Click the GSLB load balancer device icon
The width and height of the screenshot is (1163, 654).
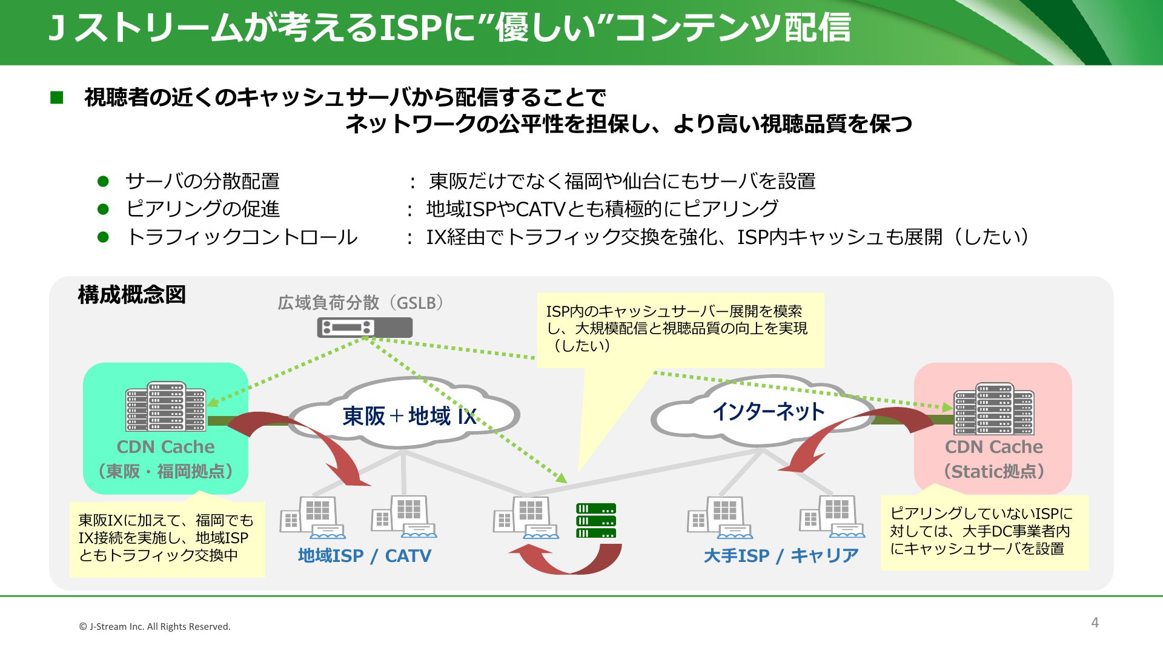pos(365,328)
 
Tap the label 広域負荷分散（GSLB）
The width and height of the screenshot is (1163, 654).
pos(361,302)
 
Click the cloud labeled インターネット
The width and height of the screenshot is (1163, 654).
pos(767,412)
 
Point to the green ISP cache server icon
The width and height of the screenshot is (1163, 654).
pos(596,521)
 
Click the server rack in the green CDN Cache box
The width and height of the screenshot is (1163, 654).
pos(165,406)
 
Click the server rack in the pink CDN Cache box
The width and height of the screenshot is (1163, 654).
pos(993,409)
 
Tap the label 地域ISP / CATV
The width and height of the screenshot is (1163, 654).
pos(364,555)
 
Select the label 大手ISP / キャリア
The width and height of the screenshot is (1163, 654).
pos(781,555)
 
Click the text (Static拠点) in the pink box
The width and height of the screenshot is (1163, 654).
pos(993,471)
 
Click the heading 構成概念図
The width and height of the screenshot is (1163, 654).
pos(131,295)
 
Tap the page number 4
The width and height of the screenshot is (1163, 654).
pos(1095,623)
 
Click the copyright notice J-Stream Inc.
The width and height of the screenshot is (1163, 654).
pos(155,627)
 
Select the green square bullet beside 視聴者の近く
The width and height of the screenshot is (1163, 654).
pos(57,97)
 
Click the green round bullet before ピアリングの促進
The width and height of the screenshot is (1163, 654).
pos(103,209)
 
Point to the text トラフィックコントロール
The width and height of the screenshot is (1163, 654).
pos(242,237)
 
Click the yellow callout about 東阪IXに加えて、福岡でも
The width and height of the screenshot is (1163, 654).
pos(167,538)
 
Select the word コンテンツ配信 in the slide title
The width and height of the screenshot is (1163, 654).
pos(732,28)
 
